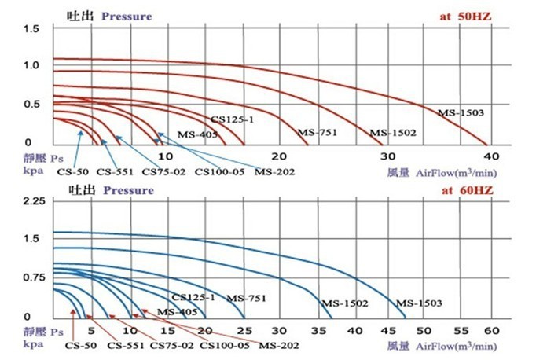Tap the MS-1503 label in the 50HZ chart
pyautogui.click(x=460, y=113)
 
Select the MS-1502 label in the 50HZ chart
pyautogui.click(x=392, y=133)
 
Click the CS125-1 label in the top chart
pyautogui.click(x=232, y=119)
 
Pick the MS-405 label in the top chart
pyautogui.click(x=196, y=134)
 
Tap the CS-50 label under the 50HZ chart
pyautogui.click(x=72, y=171)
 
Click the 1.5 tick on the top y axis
pyautogui.click(x=32, y=29)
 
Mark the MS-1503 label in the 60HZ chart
pyautogui.click(x=419, y=303)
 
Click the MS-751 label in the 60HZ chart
pyautogui.click(x=246, y=298)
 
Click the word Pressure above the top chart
pyautogui.click(x=127, y=16)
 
